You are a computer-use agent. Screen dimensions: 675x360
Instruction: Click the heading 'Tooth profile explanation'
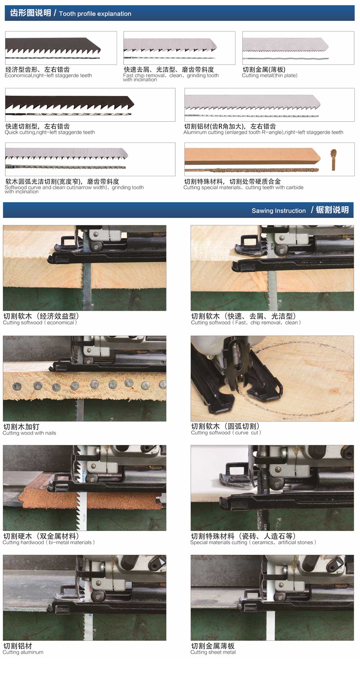click(95, 14)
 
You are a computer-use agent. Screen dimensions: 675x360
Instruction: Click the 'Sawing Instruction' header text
click(278, 211)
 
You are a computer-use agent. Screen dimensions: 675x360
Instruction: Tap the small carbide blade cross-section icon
click(333, 159)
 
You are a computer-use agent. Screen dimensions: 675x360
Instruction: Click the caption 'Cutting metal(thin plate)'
click(269, 76)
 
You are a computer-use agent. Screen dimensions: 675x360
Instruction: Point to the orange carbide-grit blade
click(252, 157)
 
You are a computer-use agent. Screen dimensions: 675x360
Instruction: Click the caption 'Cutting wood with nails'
click(29, 433)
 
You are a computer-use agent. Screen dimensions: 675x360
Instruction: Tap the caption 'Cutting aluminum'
click(23, 652)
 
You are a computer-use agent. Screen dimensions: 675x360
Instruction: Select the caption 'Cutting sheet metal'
click(213, 652)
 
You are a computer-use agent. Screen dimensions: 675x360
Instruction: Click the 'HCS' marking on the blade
click(272, 246)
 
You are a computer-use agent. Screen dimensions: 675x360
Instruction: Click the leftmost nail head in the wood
click(17, 386)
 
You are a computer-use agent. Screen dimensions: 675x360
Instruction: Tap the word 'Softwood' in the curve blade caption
click(15, 187)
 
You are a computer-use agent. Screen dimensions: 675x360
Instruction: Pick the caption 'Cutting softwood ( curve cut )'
click(226, 433)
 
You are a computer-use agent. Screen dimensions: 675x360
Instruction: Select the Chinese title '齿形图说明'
click(30, 13)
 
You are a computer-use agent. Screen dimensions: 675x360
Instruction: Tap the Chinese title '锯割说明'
click(332, 210)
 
